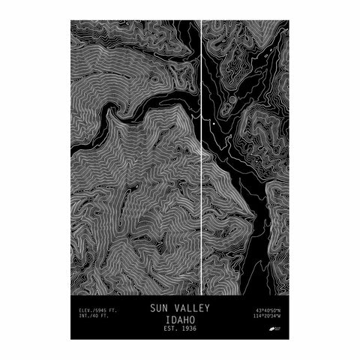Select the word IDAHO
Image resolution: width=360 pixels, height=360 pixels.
[x=179, y=318]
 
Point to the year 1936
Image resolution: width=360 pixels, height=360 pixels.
[x=190, y=328]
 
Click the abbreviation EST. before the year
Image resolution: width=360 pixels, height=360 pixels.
[x=169, y=328]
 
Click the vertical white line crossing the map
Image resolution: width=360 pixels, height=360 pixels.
[x=202, y=187]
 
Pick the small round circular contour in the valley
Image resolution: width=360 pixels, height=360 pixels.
[x=231, y=100]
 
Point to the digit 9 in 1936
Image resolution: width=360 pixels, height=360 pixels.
[x=187, y=328]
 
